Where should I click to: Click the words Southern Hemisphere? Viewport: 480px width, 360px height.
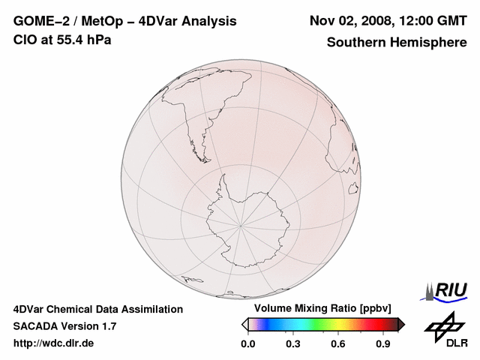[x=396, y=42]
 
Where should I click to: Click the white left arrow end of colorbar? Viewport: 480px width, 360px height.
[x=244, y=324]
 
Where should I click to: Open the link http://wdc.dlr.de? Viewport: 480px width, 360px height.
[x=54, y=343]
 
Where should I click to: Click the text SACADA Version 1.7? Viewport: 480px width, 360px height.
[x=64, y=326]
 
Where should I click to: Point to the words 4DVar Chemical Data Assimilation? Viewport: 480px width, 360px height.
[x=98, y=309]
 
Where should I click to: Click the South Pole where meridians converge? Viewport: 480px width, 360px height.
[x=241, y=224]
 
